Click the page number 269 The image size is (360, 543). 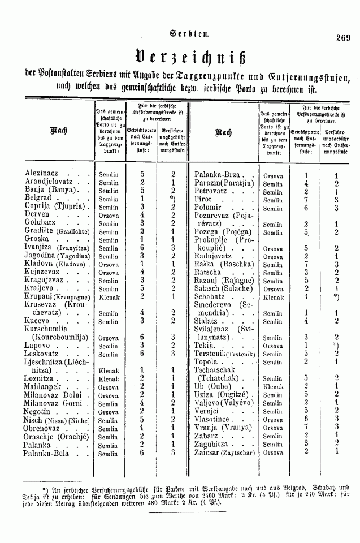pos(343,38)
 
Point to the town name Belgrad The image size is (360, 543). pos(39,199)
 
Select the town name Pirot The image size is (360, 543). pos(203,200)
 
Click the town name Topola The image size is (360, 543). pos(206,361)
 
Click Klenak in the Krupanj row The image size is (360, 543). pos(109,296)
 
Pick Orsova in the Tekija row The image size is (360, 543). pos(273,345)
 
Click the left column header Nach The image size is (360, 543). pos(59,131)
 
